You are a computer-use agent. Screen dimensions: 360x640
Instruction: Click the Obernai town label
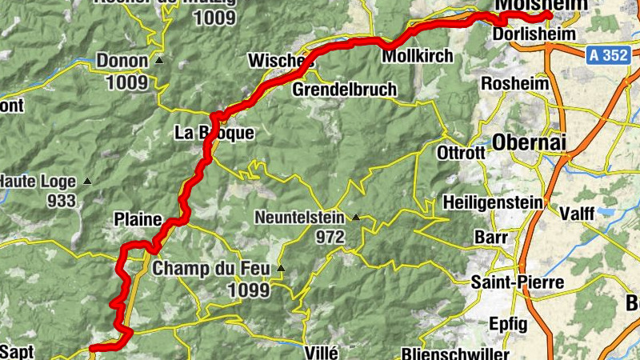(x=530, y=142)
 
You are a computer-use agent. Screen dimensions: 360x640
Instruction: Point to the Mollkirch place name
(x=418, y=57)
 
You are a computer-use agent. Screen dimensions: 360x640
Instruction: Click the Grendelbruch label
(x=345, y=90)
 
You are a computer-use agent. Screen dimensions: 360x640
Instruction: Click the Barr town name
(x=491, y=238)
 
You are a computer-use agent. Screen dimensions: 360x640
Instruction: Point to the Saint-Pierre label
(x=517, y=282)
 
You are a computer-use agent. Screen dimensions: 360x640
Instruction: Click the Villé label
(x=323, y=352)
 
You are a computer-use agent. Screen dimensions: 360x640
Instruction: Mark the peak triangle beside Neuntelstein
(x=355, y=217)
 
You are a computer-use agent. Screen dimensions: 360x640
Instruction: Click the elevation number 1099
(x=248, y=290)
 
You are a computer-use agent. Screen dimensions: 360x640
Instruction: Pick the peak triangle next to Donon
(x=159, y=61)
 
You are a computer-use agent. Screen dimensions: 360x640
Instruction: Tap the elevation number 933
(x=61, y=201)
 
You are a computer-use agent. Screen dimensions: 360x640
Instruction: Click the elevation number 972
(x=329, y=237)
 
